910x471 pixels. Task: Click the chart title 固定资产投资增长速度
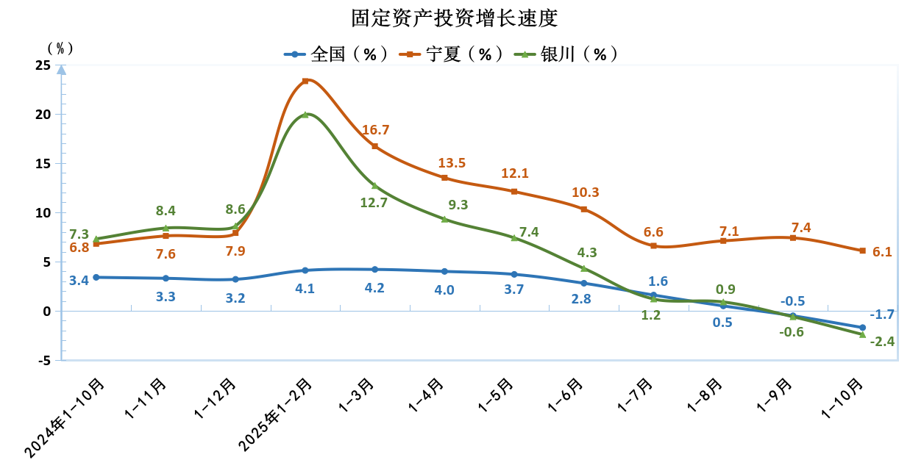pyautogui.click(x=454, y=18)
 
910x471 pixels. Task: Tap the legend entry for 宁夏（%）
pyautogui.click(x=452, y=54)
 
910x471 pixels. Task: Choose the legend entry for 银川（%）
pyautogui.click(x=566, y=54)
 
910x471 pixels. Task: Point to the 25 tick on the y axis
pyautogui.click(x=43, y=65)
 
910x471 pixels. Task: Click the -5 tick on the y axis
pyautogui.click(x=43, y=361)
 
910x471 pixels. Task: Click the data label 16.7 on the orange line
pyautogui.click(x=375, y=130)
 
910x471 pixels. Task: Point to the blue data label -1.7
pyautogui.click(x=881, y=314)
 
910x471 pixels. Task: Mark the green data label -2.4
pyautogui.click(x=881, y=341)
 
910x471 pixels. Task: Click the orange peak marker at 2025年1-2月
pyautogui.click(x=305, y=81)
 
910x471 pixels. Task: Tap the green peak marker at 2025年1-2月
pyautogui.click(x=305, y=115)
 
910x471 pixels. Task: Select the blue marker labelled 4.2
pyautogui.click(x=374, y=270)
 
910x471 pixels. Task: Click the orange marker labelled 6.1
pyautogui.click(x=862, y=251)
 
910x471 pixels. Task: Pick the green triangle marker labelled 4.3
pyautogui.click(x=584, y=268)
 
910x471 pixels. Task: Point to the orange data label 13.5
pyautogui.click(x=452, y=163)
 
